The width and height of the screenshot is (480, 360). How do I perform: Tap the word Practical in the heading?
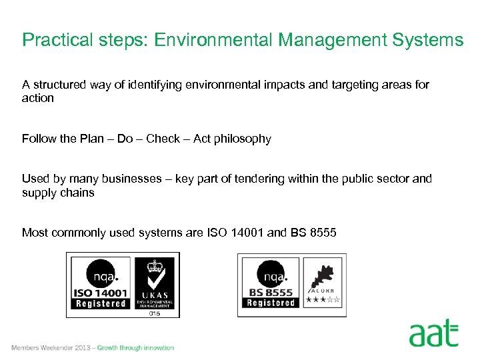point(56,40)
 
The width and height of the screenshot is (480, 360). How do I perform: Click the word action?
point(38,98)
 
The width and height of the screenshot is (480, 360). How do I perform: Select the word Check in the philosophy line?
point(163,139)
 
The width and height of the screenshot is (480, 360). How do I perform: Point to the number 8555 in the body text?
point(323,233)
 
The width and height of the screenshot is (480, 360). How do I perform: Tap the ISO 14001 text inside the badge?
point(101,293)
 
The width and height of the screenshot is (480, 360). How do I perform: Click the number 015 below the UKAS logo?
point(155,313)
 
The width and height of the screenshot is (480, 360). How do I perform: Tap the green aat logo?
point(433,333)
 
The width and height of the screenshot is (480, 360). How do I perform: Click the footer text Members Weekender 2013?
point(51,347)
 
